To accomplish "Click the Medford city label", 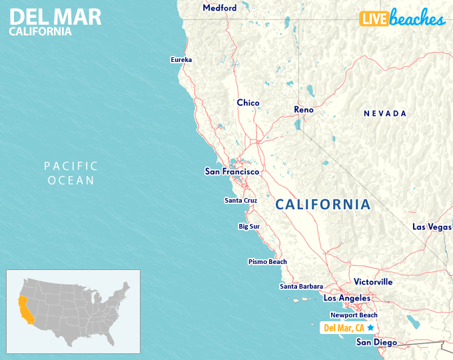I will coord(219,8).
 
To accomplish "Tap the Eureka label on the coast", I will coord(181,60).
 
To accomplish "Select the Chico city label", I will coord(248,103).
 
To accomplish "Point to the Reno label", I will coord(304,109).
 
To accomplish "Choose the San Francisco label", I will coord(231,171).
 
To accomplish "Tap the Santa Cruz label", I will coord(240,200).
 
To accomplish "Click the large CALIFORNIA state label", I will coord(323,205).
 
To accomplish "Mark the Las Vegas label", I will coord(432,227).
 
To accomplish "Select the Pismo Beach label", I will coord(267,262).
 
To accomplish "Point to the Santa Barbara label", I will coord(301,287).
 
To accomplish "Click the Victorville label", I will coord(373,282).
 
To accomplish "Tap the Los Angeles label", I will coord(346,298).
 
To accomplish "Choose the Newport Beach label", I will coord(354,315).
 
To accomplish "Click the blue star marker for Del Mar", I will coord(370,327).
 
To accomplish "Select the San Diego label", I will coord(376,343).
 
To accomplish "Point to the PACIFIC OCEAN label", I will coord(71,173).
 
